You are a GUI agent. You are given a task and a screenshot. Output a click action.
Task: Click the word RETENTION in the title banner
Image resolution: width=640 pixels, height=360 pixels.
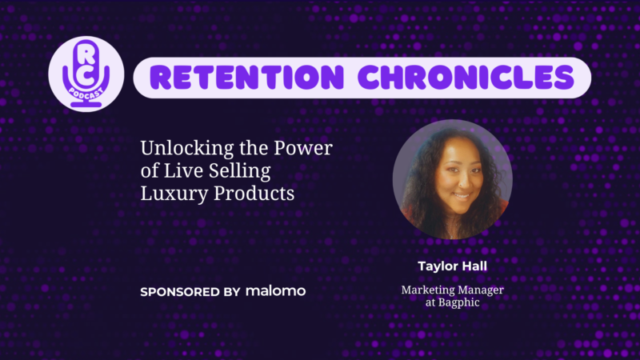pos(246,77)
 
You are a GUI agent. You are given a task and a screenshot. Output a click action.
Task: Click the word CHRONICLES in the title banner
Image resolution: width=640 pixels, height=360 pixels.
pos(466,77)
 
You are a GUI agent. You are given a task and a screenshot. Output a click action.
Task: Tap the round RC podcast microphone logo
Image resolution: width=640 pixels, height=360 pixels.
pos(86,74)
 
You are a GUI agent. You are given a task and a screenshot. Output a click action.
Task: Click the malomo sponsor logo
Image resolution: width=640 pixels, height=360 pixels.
pos(275,291)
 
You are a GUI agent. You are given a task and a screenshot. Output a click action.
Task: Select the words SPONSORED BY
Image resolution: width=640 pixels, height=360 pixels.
pos(190,292)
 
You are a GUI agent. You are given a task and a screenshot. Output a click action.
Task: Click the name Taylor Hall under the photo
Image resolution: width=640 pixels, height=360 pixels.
pos(452,266)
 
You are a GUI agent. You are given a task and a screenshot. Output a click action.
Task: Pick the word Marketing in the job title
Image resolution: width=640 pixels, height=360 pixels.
pos(426,290)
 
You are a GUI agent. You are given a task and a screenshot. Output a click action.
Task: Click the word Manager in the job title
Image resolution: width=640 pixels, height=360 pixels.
pos(478,290)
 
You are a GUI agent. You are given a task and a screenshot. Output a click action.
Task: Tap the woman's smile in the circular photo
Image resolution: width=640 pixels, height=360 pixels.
pos(462,196)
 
